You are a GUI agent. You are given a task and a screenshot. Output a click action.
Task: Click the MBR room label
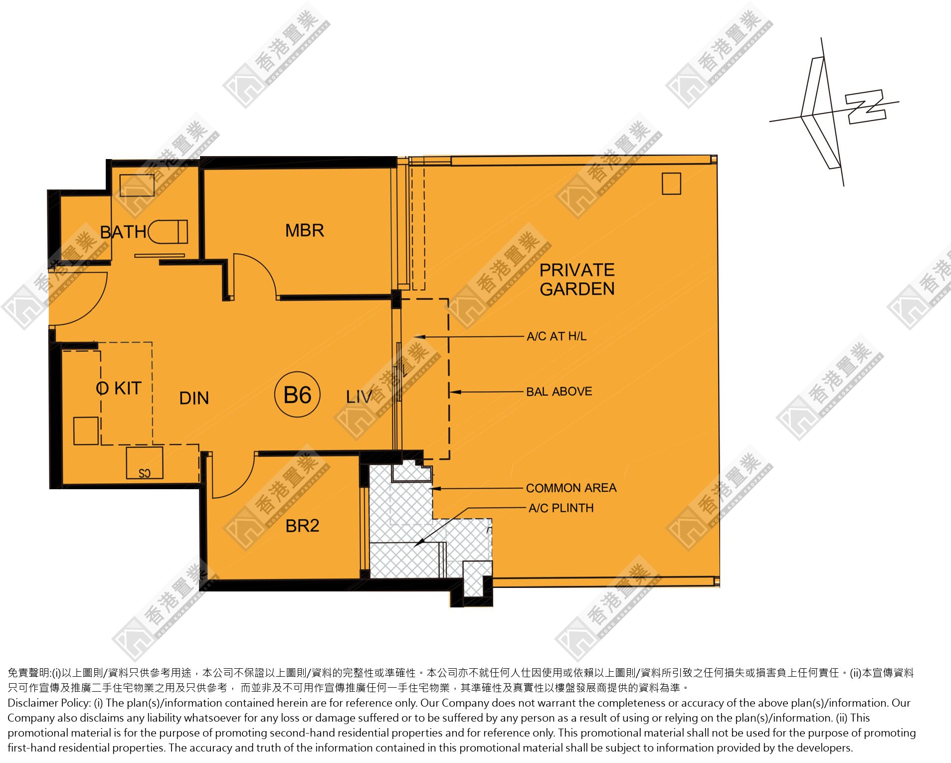point(305,230)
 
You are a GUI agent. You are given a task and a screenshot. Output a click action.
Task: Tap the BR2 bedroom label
point(302,526)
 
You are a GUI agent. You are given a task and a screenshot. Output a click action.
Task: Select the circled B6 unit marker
point(297,395)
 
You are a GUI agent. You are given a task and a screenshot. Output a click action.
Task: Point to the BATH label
point(123,232)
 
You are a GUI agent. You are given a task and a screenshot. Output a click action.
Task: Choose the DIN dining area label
point(194,398)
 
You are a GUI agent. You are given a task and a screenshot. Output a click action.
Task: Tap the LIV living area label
point(359,397)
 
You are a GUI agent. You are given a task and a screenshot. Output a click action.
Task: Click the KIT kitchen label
point(128,388)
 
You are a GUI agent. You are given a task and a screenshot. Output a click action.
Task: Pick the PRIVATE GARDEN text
point(577,279)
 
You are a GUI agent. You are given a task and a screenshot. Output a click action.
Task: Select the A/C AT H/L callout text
point(557,336)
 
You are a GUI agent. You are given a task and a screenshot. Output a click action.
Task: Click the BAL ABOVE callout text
point(559,391)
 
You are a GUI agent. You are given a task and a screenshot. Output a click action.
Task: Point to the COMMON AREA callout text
point(571,488)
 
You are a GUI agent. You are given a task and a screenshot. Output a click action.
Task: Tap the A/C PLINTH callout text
point(561,508)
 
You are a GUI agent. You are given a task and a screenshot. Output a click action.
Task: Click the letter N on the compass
point(867,106)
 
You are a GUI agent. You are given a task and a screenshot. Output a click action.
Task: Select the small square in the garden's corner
point(671,184)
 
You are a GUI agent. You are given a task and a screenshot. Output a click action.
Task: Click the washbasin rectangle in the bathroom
point(137,186)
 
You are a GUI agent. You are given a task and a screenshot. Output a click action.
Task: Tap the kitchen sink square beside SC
point(86,431)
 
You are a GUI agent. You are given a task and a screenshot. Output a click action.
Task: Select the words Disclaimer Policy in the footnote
point(48,703)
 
